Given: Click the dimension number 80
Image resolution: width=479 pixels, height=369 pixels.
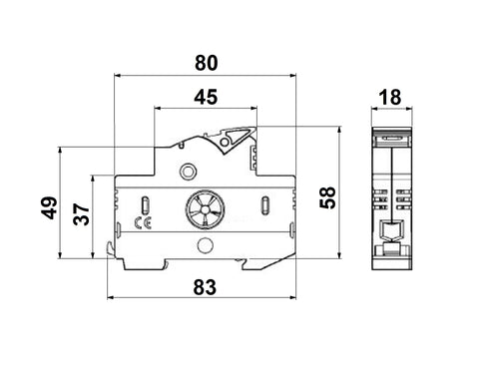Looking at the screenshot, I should click(206, 62).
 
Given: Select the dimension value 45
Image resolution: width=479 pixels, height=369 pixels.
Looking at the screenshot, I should click(206, 98).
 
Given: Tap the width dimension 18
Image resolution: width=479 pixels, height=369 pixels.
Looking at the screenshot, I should click(390, 97).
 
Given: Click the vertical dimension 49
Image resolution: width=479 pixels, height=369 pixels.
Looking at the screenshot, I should click(46, 210).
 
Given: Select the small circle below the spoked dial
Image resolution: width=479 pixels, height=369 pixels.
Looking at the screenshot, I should click(205, 245).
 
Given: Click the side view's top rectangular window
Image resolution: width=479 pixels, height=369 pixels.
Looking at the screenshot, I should click(390, 131).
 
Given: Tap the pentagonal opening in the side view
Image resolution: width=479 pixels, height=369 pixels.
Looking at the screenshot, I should click(390, 230).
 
